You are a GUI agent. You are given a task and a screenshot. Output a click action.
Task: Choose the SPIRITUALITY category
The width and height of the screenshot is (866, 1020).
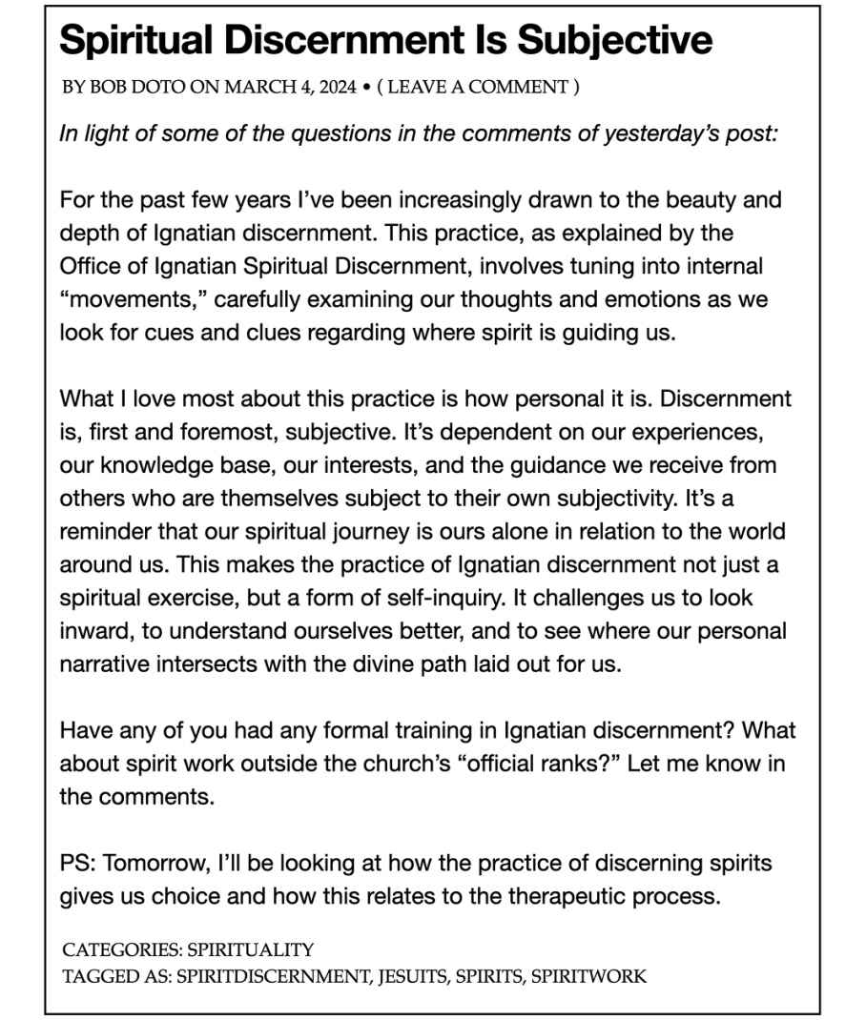[252, 949]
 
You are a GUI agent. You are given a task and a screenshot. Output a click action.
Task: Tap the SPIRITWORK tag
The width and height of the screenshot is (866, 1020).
[588, 975]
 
